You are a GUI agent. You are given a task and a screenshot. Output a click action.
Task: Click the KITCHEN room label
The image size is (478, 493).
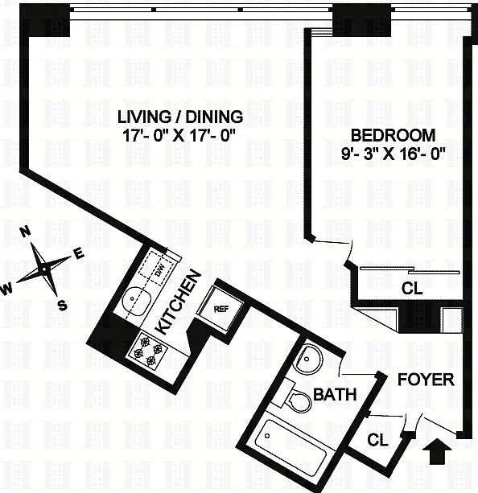[x=179, y=302]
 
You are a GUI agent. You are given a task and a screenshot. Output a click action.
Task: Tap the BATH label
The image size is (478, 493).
[x=335, y=394]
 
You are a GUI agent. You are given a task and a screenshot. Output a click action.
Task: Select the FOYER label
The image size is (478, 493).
[x=426, y=380]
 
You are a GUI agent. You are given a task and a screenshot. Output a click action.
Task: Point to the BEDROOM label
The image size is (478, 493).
[x=393, y=135]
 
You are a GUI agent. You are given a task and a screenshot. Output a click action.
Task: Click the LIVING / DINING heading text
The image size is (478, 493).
[x=180, y=117]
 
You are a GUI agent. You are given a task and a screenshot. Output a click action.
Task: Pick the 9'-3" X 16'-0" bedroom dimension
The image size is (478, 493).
[x=394, y=154]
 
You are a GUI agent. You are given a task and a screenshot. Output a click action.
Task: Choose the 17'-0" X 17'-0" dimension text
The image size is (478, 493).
[x=179, y=136]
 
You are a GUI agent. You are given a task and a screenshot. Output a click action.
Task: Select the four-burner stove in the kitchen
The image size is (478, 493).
[x=146, y=350]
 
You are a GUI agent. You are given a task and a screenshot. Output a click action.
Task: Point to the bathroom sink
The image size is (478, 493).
[x=307, y=359]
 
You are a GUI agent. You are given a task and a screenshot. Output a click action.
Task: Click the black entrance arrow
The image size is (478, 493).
[x=437, y=454]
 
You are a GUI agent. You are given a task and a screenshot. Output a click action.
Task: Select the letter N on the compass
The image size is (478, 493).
[x=26, y=232]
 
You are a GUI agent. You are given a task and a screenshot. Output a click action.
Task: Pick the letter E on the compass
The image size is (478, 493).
[x=79, y=253]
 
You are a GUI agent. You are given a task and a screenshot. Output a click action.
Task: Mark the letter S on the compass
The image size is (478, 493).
[x=63, y=305]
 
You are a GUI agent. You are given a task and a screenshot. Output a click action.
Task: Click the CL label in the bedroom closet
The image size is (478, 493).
[x=412, y=288]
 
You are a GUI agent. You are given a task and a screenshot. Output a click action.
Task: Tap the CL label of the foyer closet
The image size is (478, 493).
[x=377, y=440]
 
